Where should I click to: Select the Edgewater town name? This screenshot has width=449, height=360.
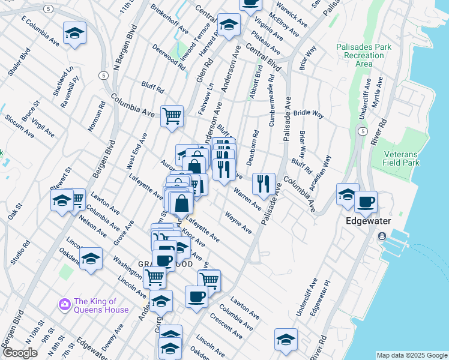coord(369,221)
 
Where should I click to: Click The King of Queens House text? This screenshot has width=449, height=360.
coord(101,305)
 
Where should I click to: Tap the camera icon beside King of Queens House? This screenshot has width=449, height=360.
coord(64,305)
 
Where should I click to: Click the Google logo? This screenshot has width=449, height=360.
coord(20,353)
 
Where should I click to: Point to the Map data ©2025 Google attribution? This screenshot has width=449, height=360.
coord(411,355)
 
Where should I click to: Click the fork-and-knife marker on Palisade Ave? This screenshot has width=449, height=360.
coord(264,183)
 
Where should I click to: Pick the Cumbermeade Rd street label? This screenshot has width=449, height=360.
coord(272,99)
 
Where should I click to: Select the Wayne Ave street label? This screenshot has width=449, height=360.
coord(238,222)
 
